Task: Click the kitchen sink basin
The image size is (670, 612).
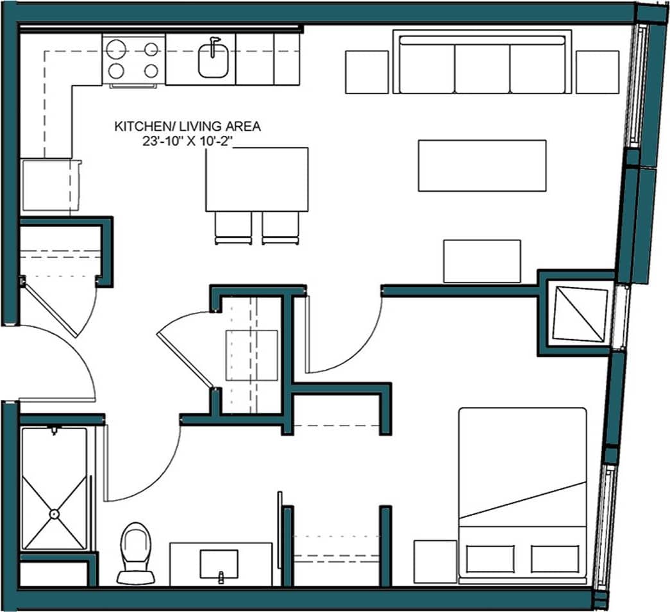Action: coord(212,62)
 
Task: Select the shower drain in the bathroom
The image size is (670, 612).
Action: coord(54,513)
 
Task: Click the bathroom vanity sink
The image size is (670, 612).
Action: coord(219,563)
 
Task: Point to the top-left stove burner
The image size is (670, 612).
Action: coord(116,49)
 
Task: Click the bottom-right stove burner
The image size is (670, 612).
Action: coord(151,70)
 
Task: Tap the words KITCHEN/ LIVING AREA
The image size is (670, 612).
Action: coord(187,127)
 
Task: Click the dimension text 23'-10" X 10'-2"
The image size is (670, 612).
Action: coord(187,142)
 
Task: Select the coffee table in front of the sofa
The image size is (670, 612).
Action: coord(482,165)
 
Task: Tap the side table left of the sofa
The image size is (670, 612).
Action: coord(367,72)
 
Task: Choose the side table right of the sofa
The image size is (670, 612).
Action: coord(597,72)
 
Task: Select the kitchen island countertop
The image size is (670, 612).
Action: coord(256,179)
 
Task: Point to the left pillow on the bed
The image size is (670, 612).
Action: coord(490,559)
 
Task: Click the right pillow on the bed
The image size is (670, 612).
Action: coord(555,559)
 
